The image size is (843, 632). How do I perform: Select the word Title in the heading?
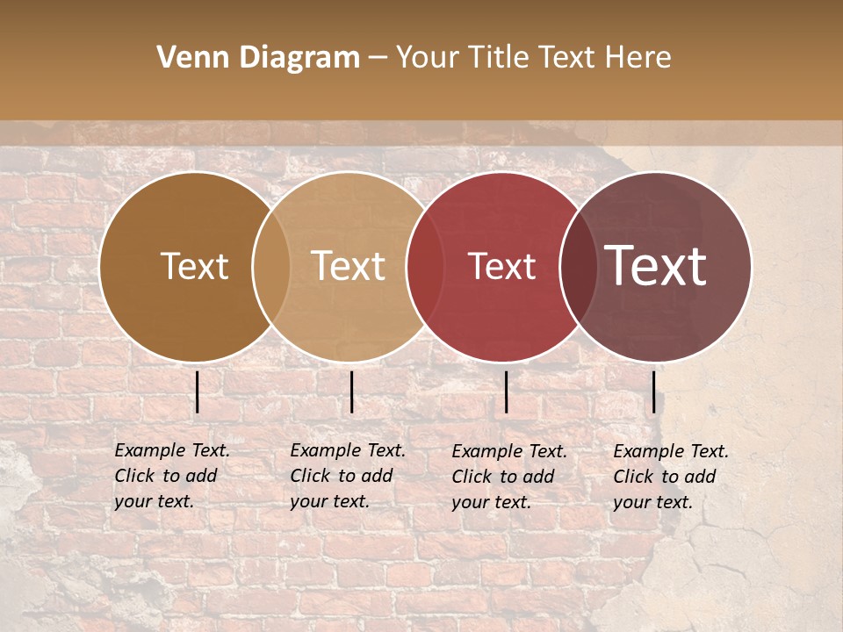[x=498, y=58]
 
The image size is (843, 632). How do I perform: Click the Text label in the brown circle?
[x=194, y=267]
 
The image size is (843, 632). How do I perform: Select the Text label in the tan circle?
[x=349, y=267]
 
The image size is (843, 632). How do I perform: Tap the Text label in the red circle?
[x=501, y=267]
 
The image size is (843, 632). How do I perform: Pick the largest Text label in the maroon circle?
[x=656, y=267]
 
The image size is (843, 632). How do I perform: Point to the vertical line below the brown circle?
[x=198, y=391]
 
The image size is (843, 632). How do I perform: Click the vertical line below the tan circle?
[x=351, y=391]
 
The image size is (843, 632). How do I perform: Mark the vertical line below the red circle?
[x=506, y=391]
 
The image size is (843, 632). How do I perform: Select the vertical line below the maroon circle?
[x=654, y=391]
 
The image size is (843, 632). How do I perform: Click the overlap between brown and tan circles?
[x=271, y=267]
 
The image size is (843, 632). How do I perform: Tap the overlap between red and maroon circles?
[x=577, y=267]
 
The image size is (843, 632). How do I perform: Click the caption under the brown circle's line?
[x=172, y=476]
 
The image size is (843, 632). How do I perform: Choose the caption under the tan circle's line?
[x=348, y=476]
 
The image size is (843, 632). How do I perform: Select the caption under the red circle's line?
[x=509, y=477]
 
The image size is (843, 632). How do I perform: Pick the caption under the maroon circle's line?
[x=671, y=477]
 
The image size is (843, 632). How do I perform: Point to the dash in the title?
[x=378, y=58]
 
